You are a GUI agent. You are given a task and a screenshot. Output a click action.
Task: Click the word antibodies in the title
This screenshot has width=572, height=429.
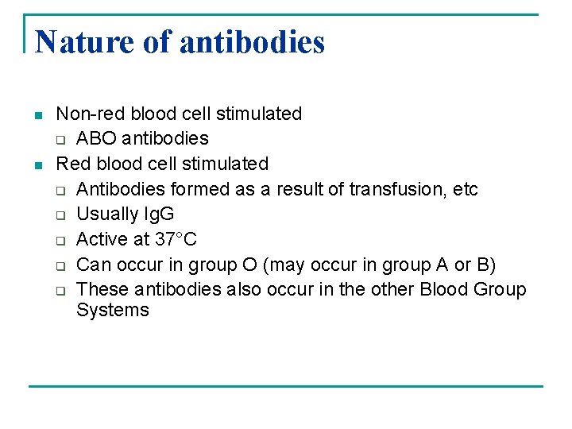pos(253,41)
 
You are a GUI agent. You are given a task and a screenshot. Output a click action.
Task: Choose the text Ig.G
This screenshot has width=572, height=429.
pos(157,214)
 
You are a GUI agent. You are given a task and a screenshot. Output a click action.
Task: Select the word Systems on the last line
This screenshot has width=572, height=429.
pos(113,310)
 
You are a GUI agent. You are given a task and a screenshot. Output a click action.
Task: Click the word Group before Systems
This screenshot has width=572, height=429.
pos(498,289)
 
